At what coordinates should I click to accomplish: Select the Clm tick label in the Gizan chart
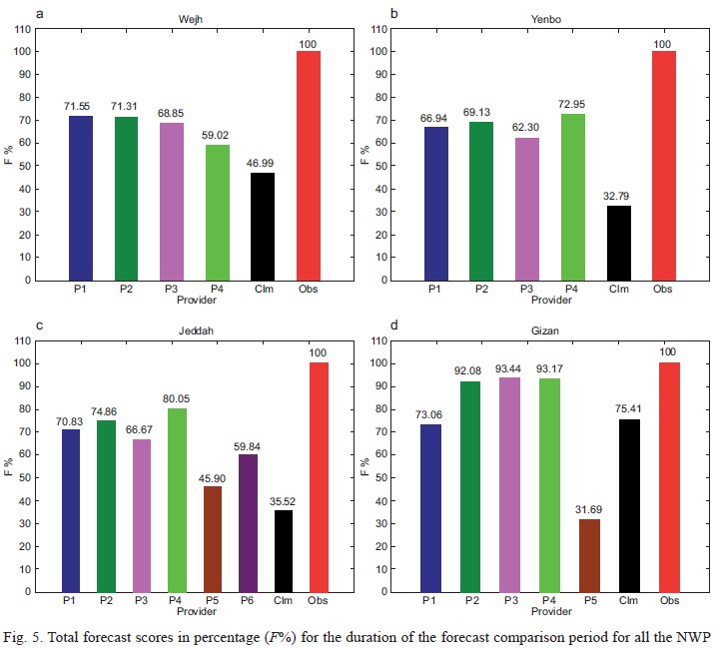tap(629, 599)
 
